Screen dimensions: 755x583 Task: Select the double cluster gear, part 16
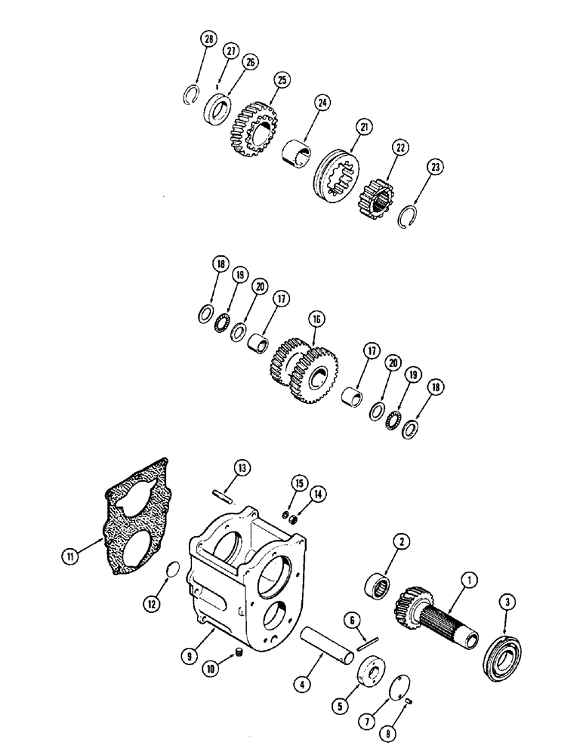coord(302,369)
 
